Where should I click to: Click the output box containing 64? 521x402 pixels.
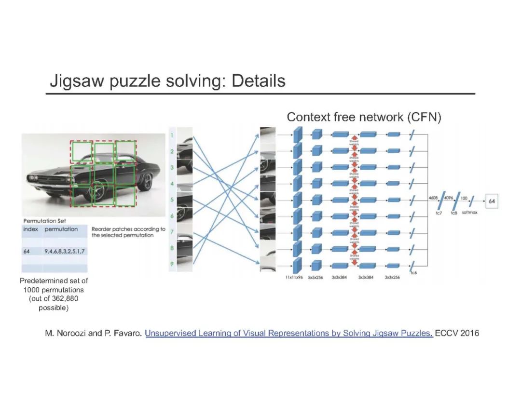coord(492,201)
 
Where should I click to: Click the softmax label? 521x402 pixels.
coord(469,213)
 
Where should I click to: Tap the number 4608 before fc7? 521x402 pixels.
coord(433,198)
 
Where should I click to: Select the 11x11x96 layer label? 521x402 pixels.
coord(292,279)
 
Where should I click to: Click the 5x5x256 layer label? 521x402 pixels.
coord(315,279)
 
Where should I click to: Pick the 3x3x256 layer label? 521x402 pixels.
coord(392,279)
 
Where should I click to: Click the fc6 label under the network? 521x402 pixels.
coord(413,273)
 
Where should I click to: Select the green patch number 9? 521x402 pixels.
coord(172,263)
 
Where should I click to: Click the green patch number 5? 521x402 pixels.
coord(172,200)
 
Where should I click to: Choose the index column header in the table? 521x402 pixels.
coord(30,229)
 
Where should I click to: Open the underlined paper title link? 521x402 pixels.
coord(289,333)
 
